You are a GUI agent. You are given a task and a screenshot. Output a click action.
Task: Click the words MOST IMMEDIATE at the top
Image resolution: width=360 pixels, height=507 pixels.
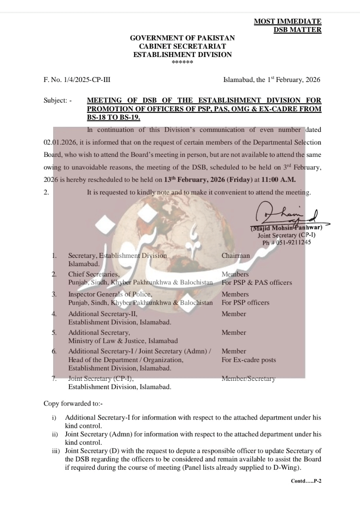(287, 22)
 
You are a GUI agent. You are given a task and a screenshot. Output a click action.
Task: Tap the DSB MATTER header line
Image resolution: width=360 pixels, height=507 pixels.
(297, 30)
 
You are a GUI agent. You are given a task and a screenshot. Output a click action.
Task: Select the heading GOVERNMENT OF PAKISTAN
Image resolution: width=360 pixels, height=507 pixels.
(182, 38)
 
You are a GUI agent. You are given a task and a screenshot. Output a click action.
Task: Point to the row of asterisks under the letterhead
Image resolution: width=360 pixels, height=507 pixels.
(182, 63)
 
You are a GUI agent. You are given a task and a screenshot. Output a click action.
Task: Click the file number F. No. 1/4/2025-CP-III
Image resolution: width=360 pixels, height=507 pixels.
(77, 80)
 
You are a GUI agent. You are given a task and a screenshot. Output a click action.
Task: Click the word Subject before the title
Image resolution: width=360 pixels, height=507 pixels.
(55, 101)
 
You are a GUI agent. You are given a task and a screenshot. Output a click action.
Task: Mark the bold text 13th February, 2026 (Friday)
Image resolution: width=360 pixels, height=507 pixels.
(208, 179)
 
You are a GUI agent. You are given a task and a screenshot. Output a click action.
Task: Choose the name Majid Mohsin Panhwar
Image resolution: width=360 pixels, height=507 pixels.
(286, 228)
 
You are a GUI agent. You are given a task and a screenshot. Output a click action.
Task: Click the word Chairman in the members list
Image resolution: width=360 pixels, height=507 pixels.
(236, 256)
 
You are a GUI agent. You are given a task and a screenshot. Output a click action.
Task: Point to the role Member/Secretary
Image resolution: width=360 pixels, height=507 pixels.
(248, 379)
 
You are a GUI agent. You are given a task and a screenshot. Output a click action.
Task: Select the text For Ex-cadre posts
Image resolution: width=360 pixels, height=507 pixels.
(249, 360)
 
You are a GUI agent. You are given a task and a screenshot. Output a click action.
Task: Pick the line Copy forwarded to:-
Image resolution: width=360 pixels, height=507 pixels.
(73, 404)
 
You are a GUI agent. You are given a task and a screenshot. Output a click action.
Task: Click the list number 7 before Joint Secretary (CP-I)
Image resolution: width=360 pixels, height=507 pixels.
(54, 379)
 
